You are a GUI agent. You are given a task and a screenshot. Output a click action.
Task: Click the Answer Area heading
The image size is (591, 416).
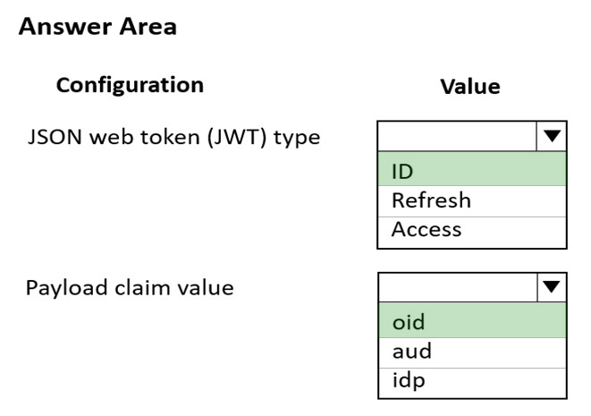point(97,27)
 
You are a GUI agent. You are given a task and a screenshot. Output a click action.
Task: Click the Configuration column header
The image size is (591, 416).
point(130,85)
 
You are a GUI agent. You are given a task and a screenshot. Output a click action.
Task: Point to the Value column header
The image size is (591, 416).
point(470,87)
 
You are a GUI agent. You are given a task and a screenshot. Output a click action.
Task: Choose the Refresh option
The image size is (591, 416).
point(472,200)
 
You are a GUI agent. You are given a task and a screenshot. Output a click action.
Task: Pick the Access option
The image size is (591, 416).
point(472,229)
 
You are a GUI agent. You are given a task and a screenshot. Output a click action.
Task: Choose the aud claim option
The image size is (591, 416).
point(472,352)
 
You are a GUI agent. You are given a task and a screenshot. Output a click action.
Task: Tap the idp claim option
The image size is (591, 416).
point(472,381)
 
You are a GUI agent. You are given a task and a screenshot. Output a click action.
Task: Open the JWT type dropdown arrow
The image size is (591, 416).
point(552,136)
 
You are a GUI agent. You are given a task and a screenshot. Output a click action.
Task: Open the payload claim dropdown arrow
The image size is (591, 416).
point(552,287)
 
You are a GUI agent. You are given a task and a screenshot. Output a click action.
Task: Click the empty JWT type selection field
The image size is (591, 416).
point(457,136)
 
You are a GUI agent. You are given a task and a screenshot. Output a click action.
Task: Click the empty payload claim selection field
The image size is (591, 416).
point(458,287)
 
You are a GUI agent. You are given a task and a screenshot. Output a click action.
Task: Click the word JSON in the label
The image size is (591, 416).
point(55,137)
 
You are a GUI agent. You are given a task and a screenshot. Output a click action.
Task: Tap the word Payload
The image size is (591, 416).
point(67,288)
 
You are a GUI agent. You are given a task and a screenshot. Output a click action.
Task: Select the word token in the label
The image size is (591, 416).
point(170,137)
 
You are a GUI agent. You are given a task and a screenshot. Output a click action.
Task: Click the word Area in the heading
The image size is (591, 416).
point(148,27)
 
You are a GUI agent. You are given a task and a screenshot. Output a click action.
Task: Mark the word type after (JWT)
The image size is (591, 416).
point(297,139)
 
